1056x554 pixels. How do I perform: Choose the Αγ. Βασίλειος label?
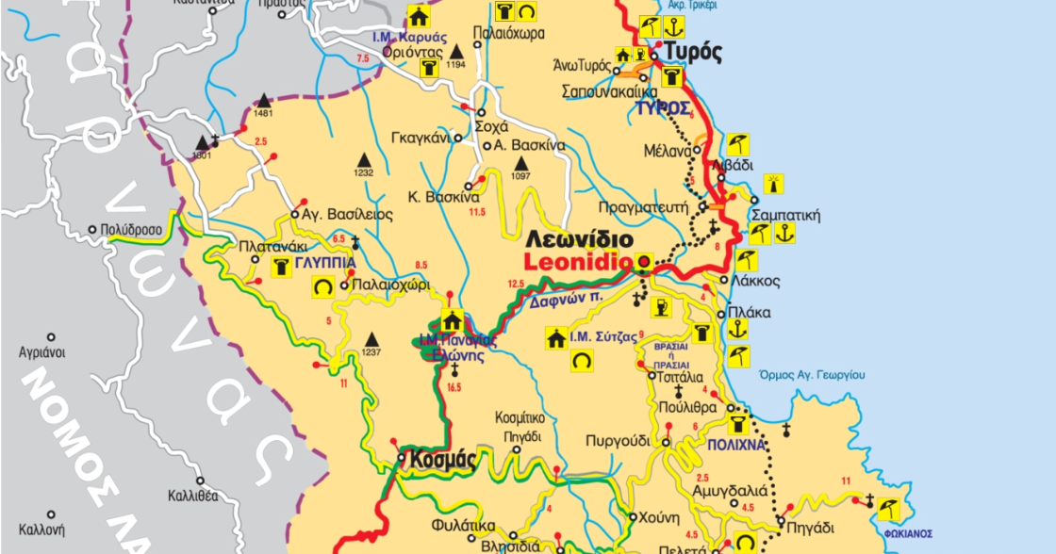point(346,215)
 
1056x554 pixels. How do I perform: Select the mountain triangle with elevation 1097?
point(520,162)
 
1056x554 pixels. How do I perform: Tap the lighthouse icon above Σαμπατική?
point(777,183)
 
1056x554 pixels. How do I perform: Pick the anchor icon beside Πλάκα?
point(738,329)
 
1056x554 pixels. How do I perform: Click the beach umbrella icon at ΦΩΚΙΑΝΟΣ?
point(887,510)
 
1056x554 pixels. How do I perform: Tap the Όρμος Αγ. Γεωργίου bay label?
point(812,375)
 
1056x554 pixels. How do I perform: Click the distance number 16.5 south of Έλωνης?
point(455,387)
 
